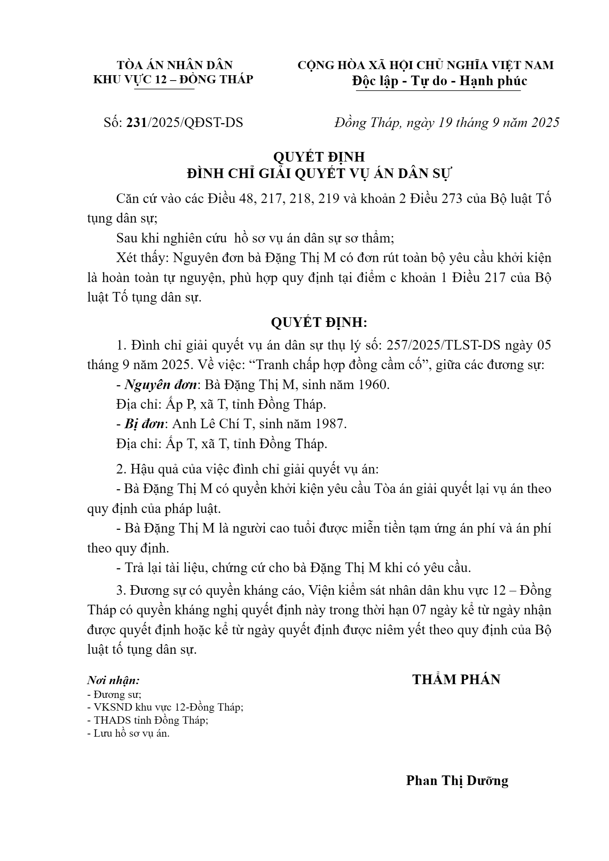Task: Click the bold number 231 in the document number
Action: [137, 122]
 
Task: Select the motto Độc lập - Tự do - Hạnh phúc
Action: [439, 81]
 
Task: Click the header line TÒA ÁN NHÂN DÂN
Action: [175, 65]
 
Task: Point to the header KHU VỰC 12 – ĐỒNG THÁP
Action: [173, 79]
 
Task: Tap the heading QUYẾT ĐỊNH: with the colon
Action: [319, 323]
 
